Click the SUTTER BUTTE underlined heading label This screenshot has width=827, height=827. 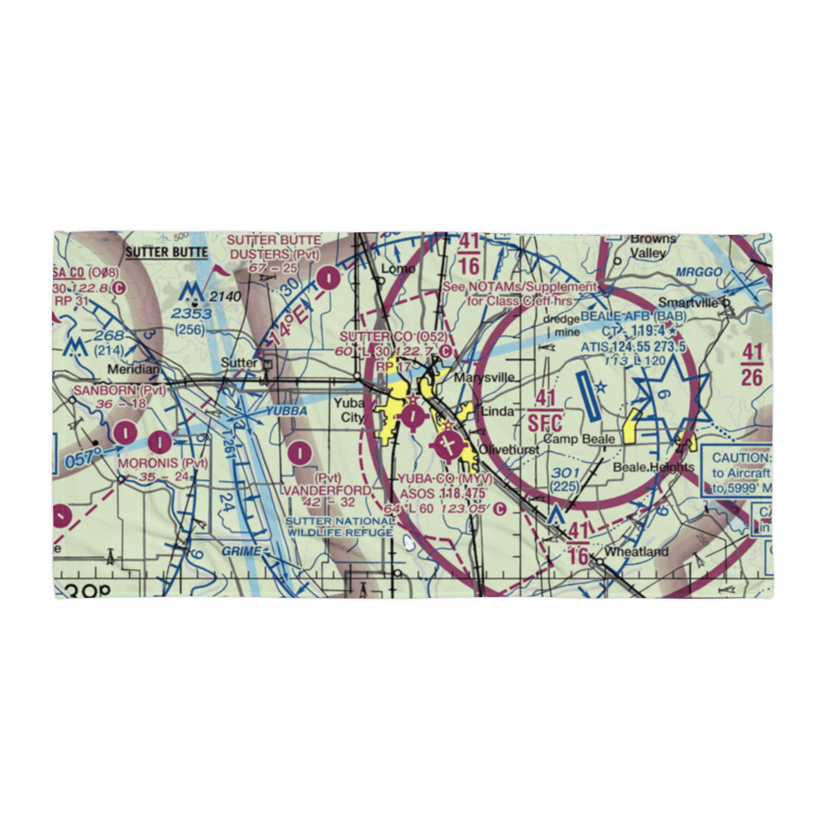167,251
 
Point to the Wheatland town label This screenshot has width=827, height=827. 635,552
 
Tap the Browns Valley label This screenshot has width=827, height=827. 652,246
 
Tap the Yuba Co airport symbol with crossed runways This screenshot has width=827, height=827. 447,446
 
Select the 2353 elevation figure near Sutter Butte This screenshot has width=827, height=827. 191,314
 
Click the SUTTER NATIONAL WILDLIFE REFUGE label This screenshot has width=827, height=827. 340,527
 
